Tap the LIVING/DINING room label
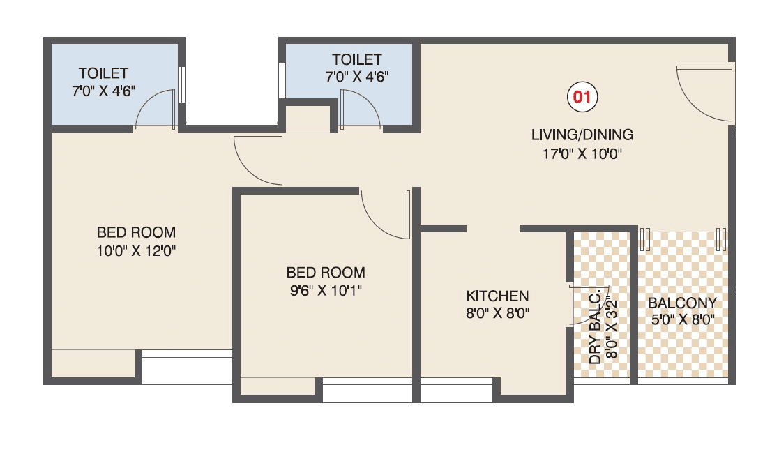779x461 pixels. tap(582, 135)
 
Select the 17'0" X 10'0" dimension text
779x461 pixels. tap(582, 154)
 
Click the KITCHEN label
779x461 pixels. tap(497, 296)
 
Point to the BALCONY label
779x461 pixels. tap(682, 303)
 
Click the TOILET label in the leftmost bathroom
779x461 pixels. tap(103, 73)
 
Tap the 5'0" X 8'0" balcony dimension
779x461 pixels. tap(682, 322)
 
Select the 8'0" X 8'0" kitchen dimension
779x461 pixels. tap(497, 314)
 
